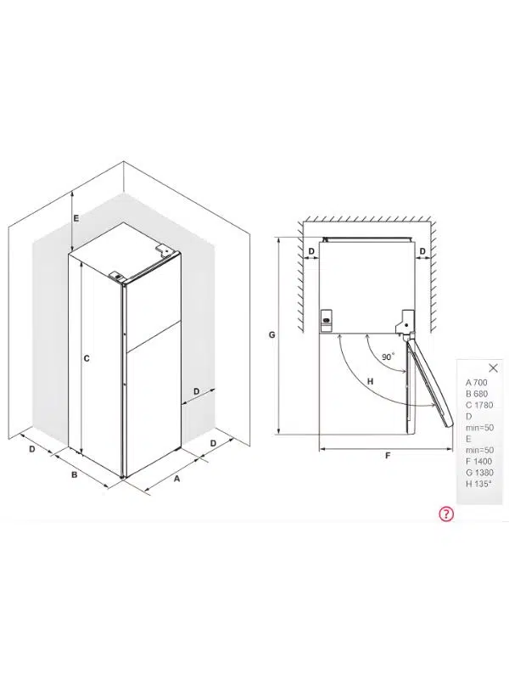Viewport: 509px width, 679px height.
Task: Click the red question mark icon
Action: [446, 513]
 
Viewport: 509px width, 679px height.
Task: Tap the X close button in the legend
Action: [493, 368]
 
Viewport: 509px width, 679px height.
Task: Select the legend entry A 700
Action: [476, 383]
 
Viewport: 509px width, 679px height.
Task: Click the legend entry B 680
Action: [476, 394]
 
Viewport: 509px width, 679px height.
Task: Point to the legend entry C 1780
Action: [479, 405]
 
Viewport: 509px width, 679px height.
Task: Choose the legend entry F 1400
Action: [478, 461]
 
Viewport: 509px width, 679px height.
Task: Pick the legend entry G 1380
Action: [479, 473]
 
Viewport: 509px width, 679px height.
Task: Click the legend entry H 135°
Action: [478, 484]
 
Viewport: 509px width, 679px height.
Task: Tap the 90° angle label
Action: [389, 356]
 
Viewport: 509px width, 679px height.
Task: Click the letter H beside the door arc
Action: [370, 381]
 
